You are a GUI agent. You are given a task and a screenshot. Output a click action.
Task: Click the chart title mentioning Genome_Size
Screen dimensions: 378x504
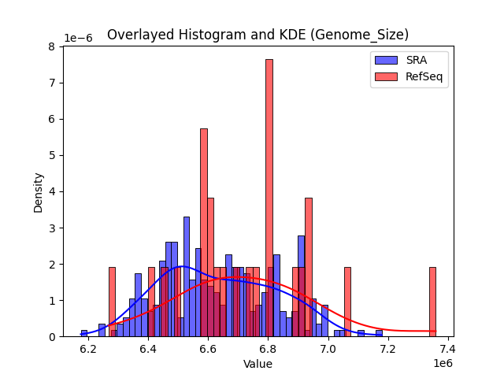click(x=258, y=35)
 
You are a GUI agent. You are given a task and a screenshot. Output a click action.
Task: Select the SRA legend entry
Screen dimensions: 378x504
click(x=409, y=60)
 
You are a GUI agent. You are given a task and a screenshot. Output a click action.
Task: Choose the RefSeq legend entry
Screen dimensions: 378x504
click(x=409, y=77)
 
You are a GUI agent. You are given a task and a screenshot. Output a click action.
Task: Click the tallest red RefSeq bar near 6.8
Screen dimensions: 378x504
click(x=269, y=197)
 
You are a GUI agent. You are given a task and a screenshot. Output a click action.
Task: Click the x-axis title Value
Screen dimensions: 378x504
click(x=258, y=364)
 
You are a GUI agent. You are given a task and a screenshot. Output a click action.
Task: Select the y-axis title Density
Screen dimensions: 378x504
click(x=39, y=191)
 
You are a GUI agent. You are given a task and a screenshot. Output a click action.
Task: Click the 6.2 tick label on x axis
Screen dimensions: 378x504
click(x=87, y=348)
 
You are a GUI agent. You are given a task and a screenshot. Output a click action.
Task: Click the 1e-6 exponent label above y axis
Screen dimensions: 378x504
click(x=78, y=38)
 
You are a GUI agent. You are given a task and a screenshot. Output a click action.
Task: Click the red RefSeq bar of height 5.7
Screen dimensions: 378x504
click(x=204, y=232)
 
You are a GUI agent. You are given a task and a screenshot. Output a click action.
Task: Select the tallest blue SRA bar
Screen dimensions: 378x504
click(x=187, y=276)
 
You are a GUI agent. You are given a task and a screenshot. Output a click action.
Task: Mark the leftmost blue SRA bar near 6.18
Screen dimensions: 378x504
click(x=84, y=333)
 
